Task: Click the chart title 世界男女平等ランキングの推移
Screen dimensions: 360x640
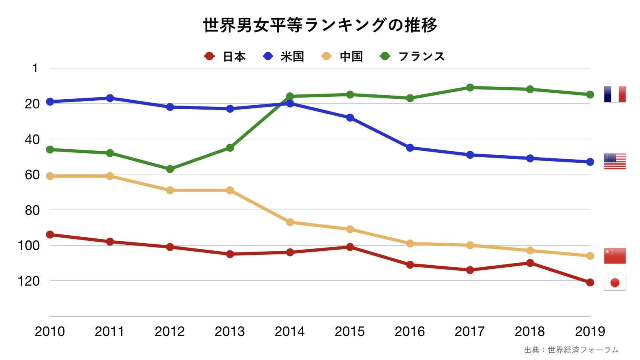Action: pos(320,25)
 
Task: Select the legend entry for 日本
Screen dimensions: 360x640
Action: pos(225,56)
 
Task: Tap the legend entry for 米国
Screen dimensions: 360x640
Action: pos(284,56)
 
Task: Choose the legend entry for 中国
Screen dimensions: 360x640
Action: pos(342,56)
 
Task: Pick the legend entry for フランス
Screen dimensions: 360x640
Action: pos(412,56)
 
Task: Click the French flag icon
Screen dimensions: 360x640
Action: pos(615,94)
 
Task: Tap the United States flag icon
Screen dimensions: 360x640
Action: pos(615,161)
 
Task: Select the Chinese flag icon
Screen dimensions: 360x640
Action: pos(615,256)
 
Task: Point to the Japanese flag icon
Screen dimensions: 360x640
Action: pos(615,283)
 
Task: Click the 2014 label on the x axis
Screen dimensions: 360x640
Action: pos(290,332)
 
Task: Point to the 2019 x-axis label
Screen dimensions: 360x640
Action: pos(590,332)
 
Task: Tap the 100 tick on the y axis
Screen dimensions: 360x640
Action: pos(29,246)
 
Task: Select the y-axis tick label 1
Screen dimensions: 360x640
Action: pos(35,68)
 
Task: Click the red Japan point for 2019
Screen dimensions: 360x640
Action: pos(590,282)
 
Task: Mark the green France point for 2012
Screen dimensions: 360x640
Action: pos(170,169)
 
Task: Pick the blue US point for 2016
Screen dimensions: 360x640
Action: pos(410,148)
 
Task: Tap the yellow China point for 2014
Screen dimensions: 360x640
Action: pos(290,222)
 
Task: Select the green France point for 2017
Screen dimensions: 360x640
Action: pos(470,88)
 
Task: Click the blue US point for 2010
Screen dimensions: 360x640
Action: pos(50,102)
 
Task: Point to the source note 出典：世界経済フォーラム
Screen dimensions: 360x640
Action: pos(571,350)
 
